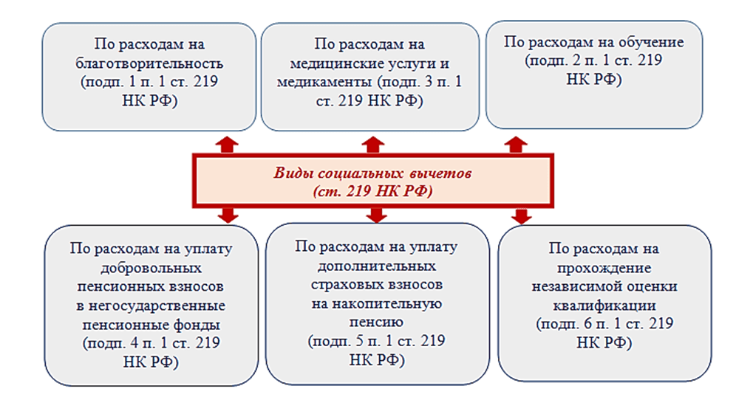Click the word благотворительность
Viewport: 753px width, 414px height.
pyautogui.click(x=149, y=63)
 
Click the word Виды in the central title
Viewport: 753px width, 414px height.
pyautogui.click(x=293, y=173)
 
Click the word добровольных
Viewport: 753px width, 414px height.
pyautogui.click(x=151, y=268)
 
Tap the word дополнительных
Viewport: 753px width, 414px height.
pyautogui.click(x=377, y=266)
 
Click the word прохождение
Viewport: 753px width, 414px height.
pyautogui.click(x=604, y=268)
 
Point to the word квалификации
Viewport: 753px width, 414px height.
pyautogui.click(x=604, y=306)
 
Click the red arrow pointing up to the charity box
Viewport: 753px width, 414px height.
pyautogui.click(x=227, y=145)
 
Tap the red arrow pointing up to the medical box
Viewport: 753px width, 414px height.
pyautogui.click(x=373, y=145)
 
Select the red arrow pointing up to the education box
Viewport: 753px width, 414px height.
pyautogui.click(x=516, y=145)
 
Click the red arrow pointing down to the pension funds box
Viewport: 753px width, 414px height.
pyautogui.click(x=228, y=215)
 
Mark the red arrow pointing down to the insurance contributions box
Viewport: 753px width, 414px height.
pyautogui.click(x=376, y=215)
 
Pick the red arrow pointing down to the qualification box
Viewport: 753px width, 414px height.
pyautogui.click(x=521, y=216)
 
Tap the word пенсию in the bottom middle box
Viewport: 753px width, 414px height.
pyautogui.click(x=376, y=322)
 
